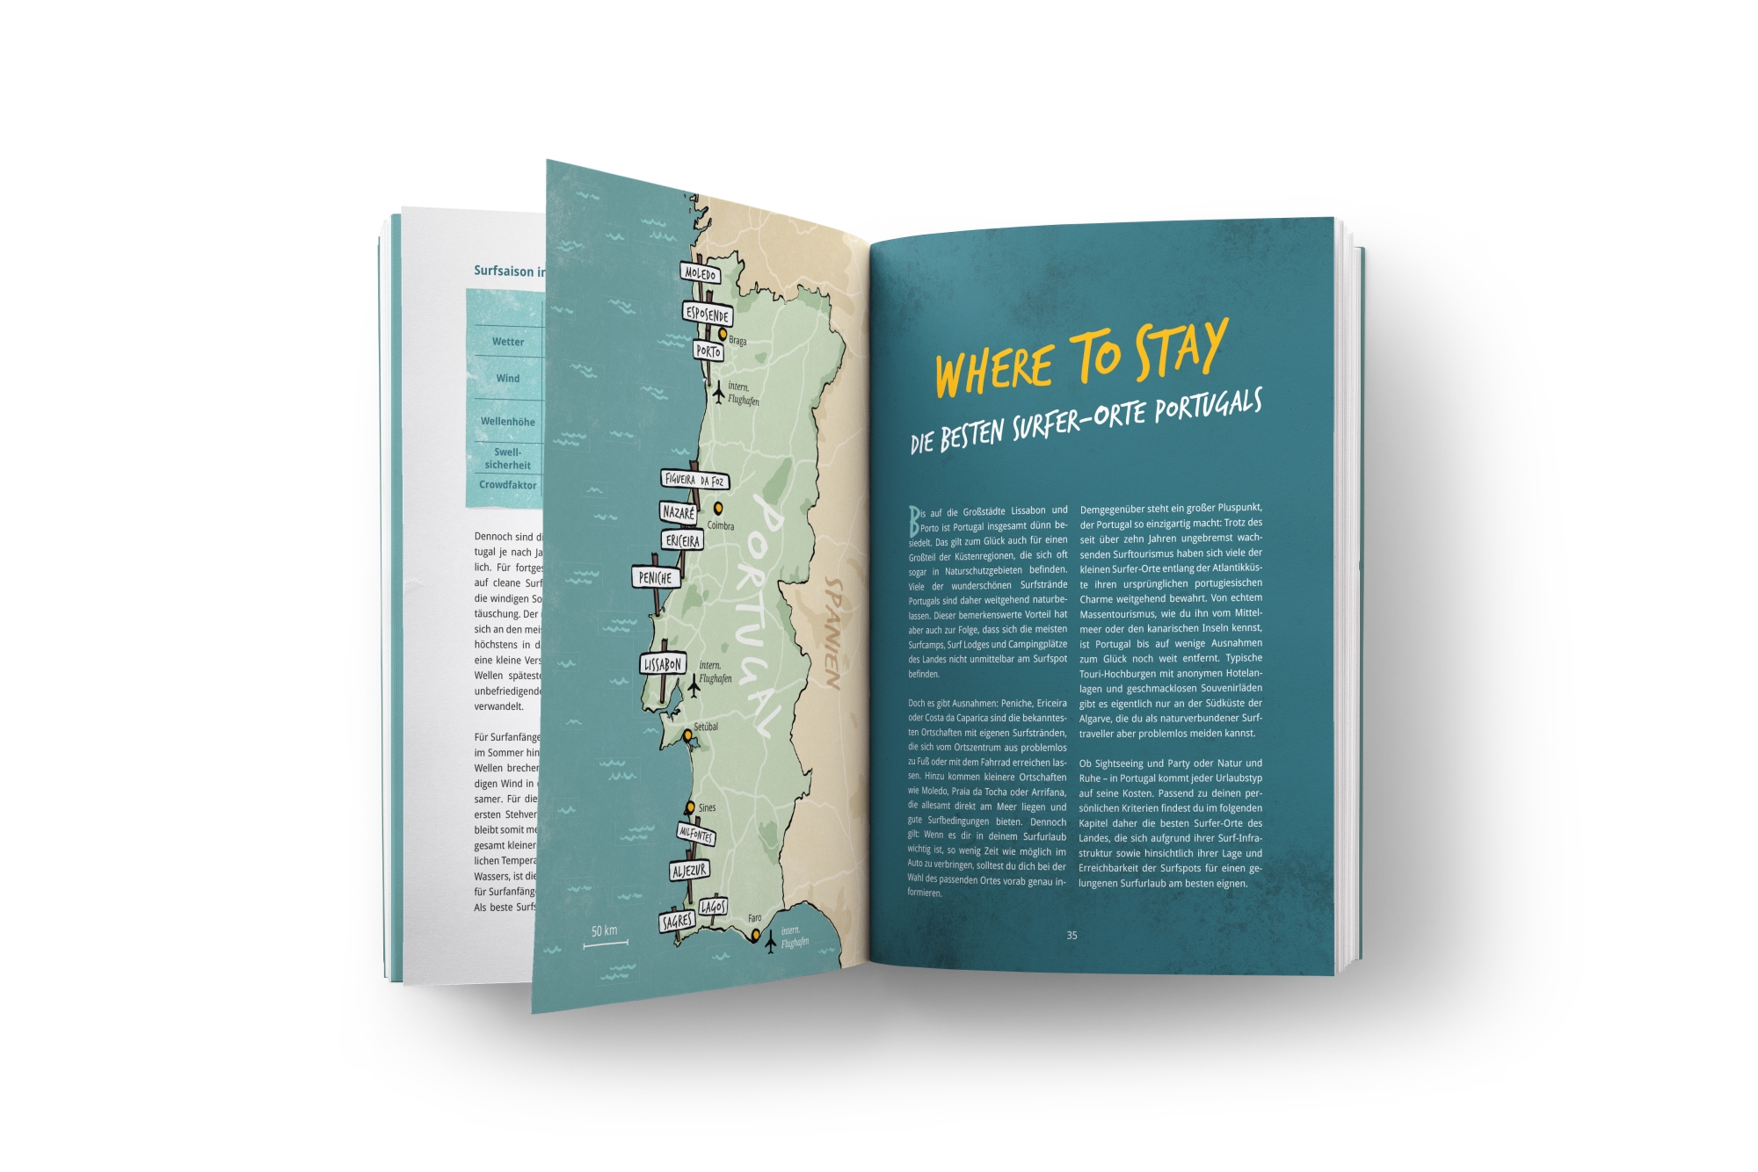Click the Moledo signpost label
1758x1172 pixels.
coord(700,273)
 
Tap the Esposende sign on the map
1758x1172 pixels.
coord(707,314)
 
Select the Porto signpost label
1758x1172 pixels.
coord(708,351)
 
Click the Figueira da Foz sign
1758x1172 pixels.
coord(694,480)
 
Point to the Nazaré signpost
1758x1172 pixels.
coord(679,512)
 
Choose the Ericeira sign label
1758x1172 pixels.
coord(683,541)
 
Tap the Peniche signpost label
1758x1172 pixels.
coord(656,577)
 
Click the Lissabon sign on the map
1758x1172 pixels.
coord(662,664)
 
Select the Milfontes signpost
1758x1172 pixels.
coord(695,834)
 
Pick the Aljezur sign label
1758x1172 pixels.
coord(689,871)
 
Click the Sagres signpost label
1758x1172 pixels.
coord(677,922)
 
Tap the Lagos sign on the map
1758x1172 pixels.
coord(713,907)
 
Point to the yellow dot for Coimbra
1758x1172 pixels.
coord(718,508)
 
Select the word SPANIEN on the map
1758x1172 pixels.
coord(832,633)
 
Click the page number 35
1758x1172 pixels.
coord(1072,935)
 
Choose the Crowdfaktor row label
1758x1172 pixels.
coord(507,485)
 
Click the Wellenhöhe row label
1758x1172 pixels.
coord(507,422)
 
